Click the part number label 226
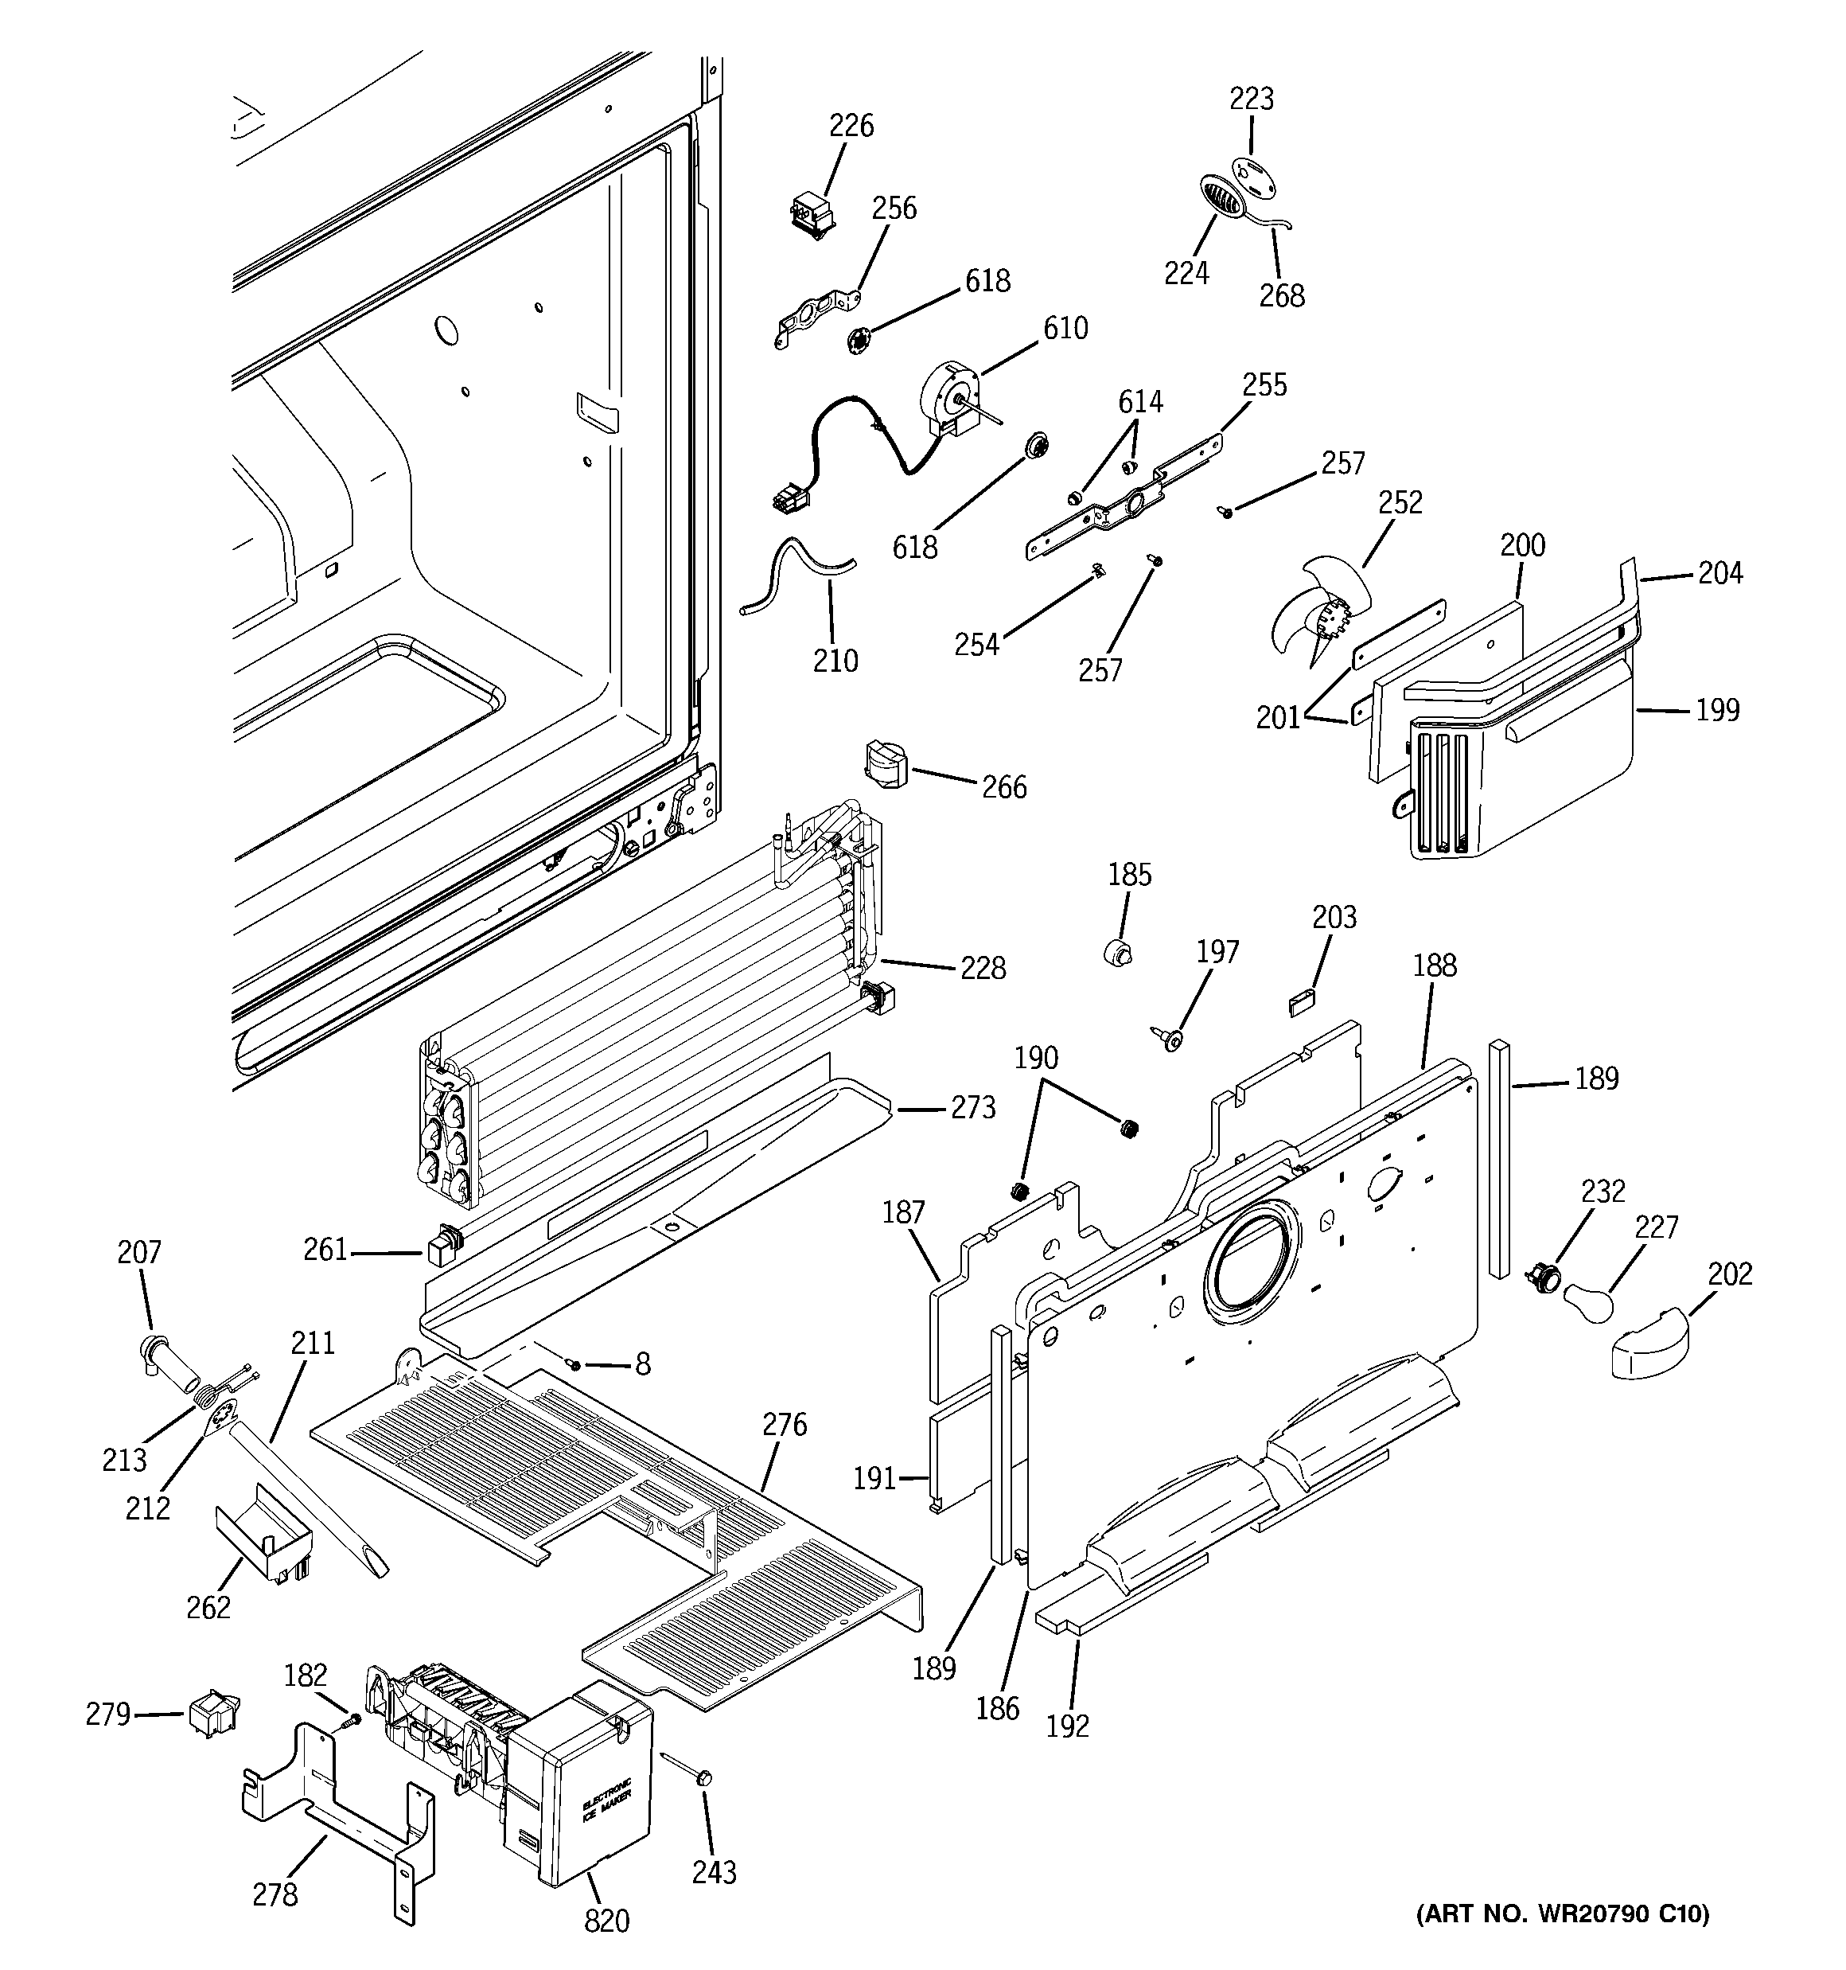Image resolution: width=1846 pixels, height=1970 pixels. click(851, 126)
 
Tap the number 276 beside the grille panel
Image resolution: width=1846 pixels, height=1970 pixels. click(785, 1425)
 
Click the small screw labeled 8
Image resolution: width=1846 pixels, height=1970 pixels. click(573, 1364)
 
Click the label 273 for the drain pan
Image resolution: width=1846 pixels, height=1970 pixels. click(972, 1108)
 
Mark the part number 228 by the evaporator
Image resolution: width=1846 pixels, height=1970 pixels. click(983, 967)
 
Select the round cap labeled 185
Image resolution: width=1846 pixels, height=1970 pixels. click(1119, 954)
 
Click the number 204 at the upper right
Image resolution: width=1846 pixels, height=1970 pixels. click(1720, 573)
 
